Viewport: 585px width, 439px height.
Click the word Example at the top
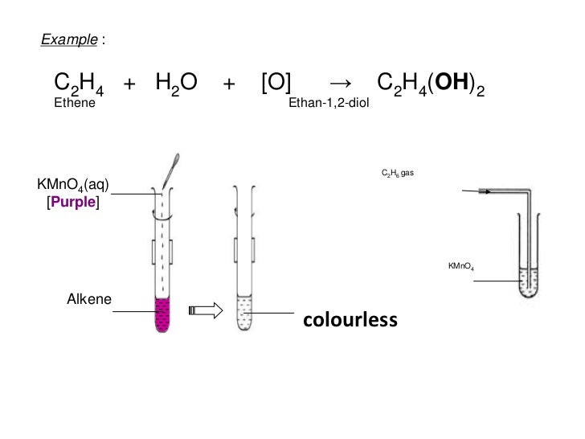[x=63, y=38]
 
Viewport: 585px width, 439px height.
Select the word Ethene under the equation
[x=73, y=104]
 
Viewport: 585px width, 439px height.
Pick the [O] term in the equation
[x=276, y=84]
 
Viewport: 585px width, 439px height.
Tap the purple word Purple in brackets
[x=73, y=204]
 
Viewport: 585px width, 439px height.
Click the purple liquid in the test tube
[x=163, y=314]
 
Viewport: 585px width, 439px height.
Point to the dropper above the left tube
[x=169, y=170]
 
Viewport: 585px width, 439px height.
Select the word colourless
[x=349, y=321]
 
